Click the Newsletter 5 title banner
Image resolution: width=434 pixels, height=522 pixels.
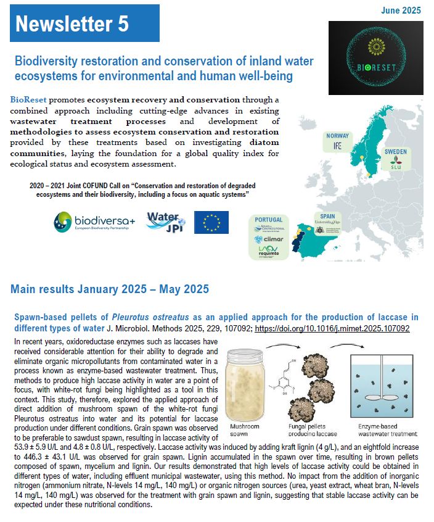coord(85,23)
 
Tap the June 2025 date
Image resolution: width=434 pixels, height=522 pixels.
coord(401,10)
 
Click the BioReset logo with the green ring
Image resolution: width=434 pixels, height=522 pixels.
coord(375,57)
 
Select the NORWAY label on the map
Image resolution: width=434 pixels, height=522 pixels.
coord(338,136)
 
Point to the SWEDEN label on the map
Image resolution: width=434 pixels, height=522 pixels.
coord(395,151)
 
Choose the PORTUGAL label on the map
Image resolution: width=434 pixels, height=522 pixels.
coord(268,219)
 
